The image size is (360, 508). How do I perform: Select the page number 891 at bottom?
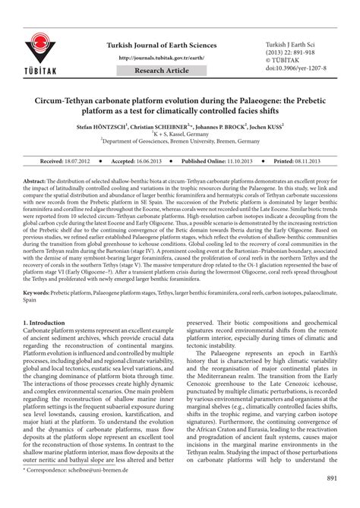pyautogui.click(x=332, y=500)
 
